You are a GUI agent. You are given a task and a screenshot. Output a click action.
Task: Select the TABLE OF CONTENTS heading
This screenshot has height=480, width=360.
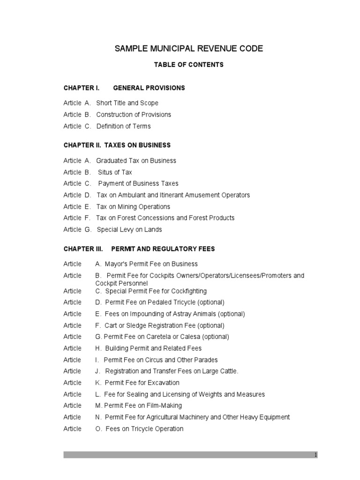pos(189,65)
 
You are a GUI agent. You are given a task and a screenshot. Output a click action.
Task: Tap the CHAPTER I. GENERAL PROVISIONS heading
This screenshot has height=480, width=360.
pos(124,88)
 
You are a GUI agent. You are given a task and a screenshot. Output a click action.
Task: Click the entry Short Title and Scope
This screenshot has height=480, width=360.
pos(127,103)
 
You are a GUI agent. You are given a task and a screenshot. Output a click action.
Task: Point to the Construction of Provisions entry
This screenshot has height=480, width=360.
pos(134,114)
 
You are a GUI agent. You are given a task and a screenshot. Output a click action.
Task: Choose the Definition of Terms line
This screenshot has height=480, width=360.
pos(123,126)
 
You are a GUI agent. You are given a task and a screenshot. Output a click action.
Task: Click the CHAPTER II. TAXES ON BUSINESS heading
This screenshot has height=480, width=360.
pos(117,145)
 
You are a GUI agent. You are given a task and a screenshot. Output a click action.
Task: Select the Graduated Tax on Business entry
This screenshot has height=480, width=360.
pos(136,161)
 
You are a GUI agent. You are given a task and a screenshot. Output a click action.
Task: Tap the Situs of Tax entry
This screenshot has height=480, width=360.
pos(115,172)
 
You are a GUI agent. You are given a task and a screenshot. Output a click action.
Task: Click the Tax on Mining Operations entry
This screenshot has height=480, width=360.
pos(133,207)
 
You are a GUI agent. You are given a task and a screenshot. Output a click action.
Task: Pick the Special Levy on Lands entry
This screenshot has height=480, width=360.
pos(129,230)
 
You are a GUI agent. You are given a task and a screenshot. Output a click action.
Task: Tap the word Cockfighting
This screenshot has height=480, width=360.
pos(188,291)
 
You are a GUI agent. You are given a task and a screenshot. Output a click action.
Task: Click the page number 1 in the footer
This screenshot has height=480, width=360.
pos(316,455)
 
